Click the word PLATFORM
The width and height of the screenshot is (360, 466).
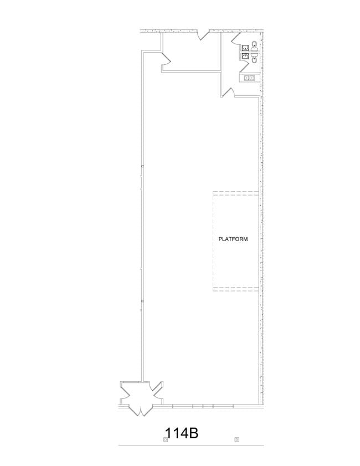click(x=233, y=239)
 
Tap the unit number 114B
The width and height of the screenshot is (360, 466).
click(x=182, y=433)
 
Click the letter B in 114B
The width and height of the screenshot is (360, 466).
click(x=193, y=433)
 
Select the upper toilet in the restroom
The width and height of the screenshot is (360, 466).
click(x=254, y=46)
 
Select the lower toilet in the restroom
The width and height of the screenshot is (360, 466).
click(x=254, y=58)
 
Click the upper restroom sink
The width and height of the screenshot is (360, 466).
click(x=245, y=48)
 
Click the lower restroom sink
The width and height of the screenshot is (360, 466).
click(x=245, y=57)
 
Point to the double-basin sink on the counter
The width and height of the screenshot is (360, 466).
click(x=249, y=78)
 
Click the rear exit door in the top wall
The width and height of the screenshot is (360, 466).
click(x=204, y=34)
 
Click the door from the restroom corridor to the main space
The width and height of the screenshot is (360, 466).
click(x=228, y=92)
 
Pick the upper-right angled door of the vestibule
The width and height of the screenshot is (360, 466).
click(x=156, y=387)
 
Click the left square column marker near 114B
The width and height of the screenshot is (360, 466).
click(x=166, y=439)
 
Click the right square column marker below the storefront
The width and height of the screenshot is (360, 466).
click(x=236, y=439)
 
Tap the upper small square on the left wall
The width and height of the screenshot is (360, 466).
click(x=142, y=166)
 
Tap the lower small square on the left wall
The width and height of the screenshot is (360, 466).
click(x=142, y=301)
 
